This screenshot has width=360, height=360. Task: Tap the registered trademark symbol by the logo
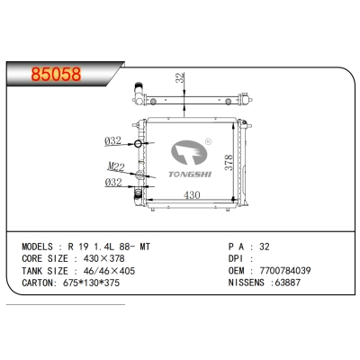(x=207, y=139)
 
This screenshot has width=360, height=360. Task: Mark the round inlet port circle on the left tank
(x=138, y=145)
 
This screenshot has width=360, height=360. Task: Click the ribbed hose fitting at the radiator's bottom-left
(x=138, y=193)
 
